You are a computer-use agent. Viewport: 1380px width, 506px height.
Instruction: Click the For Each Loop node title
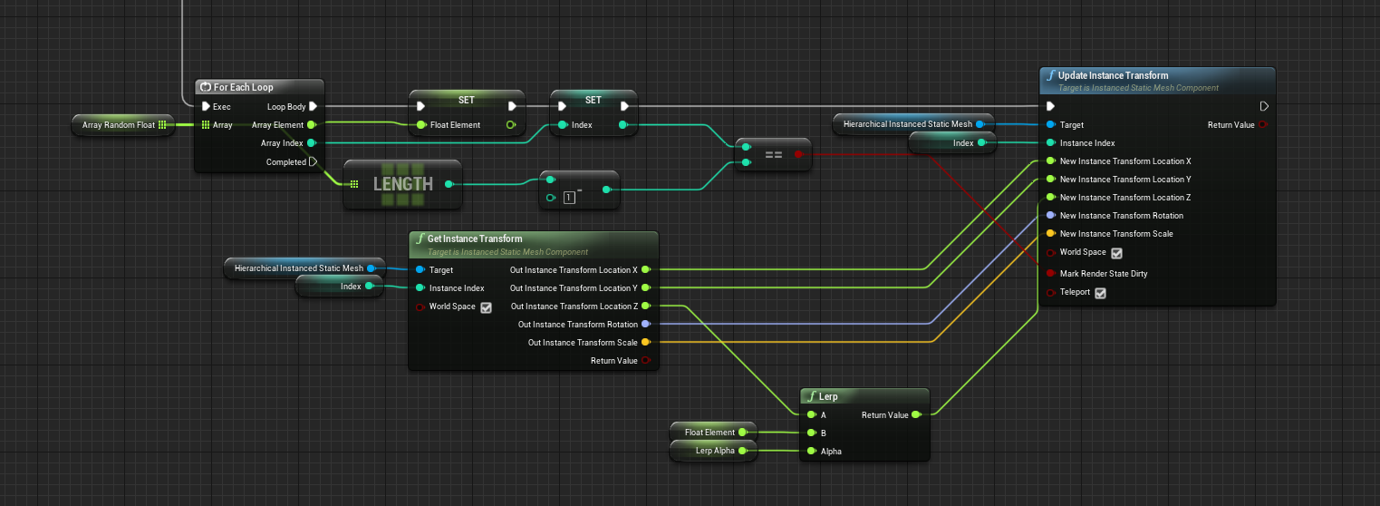[x=243, y=87]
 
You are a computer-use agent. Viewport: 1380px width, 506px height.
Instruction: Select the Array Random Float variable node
[x=118, y=125]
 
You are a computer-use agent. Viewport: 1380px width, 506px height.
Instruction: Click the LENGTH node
[x=402, y=184]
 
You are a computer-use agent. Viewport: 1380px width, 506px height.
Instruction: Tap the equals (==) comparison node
[x=773, y=154]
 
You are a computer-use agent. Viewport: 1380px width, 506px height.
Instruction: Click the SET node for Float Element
[x=466, y=100]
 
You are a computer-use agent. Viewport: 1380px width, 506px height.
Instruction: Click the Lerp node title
[x=828, y=396]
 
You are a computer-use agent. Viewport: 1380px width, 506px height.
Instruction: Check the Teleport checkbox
[x=1100, y=293]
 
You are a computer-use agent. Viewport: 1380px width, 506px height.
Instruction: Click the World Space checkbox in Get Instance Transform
[x=486, y=307]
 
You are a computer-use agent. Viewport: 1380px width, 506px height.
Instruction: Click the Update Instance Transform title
[x=1113, y=75]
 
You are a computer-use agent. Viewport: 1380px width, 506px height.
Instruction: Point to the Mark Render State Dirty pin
[x=1050, y=273]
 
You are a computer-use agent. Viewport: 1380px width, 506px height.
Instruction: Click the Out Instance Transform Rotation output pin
[x=645, y=324]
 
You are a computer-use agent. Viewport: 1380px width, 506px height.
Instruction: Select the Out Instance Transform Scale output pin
[x=645, y=342]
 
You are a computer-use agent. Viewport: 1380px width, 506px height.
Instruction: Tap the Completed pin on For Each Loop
[x=313, y=162]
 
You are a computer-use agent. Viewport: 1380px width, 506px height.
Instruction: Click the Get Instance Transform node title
[x=474, y=238]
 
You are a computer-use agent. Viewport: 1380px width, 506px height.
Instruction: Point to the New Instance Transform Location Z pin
[x=1050, y=197]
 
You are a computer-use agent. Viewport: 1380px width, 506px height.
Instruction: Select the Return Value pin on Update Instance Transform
[x=1262, y=125]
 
